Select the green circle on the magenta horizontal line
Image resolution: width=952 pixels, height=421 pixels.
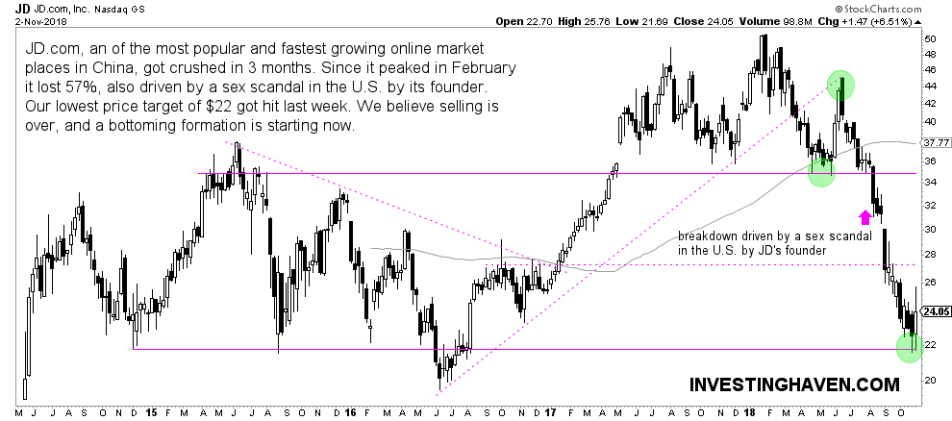point(820,172)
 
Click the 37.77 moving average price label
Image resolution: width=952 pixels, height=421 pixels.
point(935,142)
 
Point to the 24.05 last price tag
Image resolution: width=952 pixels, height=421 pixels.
point(935,311)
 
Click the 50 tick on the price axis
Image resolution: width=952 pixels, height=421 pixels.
point(929,38)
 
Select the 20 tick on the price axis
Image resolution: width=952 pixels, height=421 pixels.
point(929,379)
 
